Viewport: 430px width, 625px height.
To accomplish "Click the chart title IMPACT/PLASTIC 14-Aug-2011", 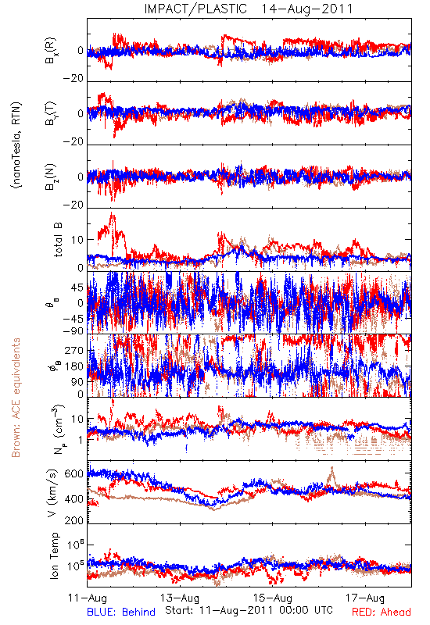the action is pyautogui.click(x=249, y=9).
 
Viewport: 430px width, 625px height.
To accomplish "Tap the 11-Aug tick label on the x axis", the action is pyautogui.click(x=88, y=598).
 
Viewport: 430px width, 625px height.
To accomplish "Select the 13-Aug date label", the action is pyautogui.click(x=180, y=598).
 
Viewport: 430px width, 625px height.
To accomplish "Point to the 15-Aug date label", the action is pyautogui.click(x=273, y=598).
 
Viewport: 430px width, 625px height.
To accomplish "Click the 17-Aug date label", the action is pyautogui.click(x=365, y=598).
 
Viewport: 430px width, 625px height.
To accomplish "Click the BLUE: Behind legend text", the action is pyautogui.click(x=121, y=612).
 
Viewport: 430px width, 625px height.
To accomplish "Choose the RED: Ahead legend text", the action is pyautogui.click(x=382, y=612).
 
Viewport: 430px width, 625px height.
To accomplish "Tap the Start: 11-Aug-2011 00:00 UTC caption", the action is pyautogui.click(x=249, y=610).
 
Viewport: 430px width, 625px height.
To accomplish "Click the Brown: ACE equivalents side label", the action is pyautogui.click(x=16, y=398).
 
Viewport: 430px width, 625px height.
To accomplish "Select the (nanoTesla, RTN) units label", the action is pyautogui.click(x=16, y=145).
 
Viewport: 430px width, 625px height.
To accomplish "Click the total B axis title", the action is pyautogui.click(x=58, y=240).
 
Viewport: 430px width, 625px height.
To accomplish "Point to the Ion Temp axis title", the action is pyautogui.click(x=54, y=555).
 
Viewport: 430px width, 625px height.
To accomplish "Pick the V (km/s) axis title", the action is pyautogui.click(x=53, y=493).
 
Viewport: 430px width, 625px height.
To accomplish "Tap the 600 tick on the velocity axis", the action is pyautogui.click(x=73, y=473).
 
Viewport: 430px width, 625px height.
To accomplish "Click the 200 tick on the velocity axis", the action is pyautogui.click(x=73, y=520).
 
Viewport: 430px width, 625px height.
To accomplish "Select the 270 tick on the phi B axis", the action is pyautogui.click(x=73, y=350).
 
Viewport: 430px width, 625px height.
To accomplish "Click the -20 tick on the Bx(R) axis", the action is pyautogui.click(x=73, y=79).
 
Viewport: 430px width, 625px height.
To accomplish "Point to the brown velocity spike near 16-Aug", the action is pyautogui.click(x=332, y=469).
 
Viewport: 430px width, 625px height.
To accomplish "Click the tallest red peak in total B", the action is pyautogui.click(x=112, y=213).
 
